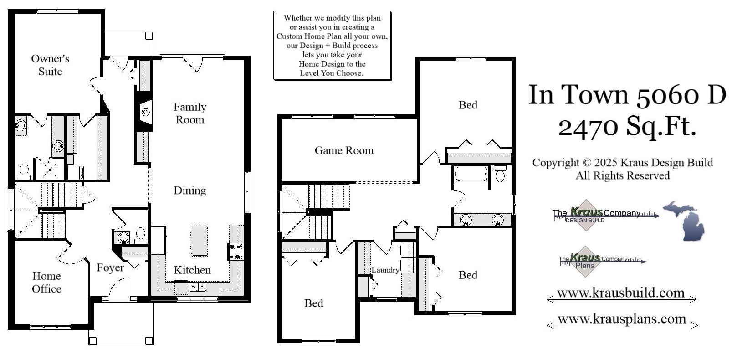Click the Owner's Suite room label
pos(50,65)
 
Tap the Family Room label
pos(190,113)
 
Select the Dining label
pos(190,190)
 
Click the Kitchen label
pos(192,270)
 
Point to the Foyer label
pos(110,267)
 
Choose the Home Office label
pos(46,282)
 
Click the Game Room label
pos(344,150)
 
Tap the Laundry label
pos(385,270)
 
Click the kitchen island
pos(200,240)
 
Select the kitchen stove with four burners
pos(235,252)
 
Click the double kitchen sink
pos(197,287)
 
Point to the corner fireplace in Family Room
pos(145,111)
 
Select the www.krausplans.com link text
pos(622,319)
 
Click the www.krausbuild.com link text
pos(621,293)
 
